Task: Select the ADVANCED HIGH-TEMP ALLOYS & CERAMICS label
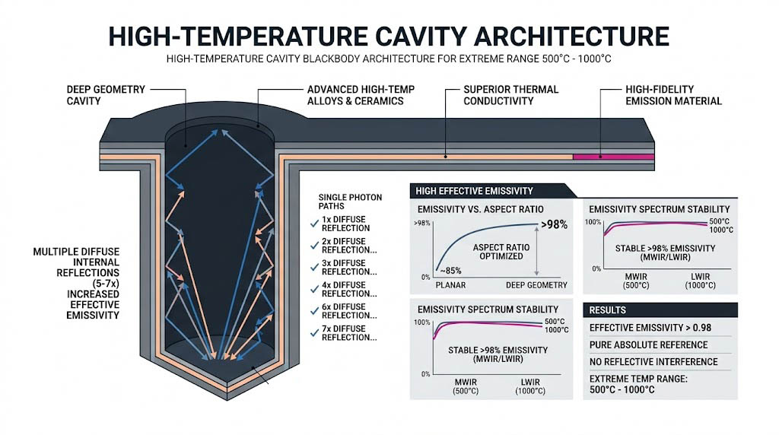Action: point(361,95)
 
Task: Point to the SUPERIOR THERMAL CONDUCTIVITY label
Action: point(510,95)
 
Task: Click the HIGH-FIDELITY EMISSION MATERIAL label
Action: point(672,95)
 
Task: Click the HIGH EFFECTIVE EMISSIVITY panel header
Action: point(472,191)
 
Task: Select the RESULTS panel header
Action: point(608,310)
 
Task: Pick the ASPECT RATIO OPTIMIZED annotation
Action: point(499,252)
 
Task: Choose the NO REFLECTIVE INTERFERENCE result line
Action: point(653,362)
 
